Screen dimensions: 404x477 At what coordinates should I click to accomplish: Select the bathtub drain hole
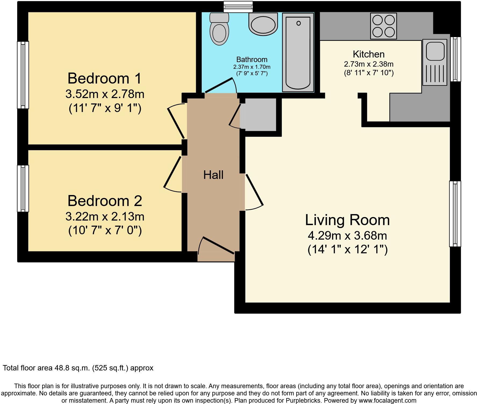(298, 24)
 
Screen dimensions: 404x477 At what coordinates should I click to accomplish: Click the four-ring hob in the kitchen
(383, 26)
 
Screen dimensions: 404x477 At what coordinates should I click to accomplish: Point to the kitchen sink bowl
(435, 51)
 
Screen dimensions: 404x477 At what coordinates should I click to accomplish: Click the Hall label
(213, 175)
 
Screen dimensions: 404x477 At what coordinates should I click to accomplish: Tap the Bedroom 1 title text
(104, 78)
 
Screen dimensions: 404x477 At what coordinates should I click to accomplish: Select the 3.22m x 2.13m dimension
(105, 217)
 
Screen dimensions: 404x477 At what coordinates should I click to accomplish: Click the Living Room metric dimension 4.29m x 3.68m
(347, 236)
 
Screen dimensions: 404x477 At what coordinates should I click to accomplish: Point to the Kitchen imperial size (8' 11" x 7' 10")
(368, 73)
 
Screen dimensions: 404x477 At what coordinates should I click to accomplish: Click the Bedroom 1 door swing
(176, 121)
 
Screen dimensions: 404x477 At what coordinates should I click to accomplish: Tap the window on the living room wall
(455, 214)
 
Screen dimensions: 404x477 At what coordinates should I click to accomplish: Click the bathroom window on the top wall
(238, 7)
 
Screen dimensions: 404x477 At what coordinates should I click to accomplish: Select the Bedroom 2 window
(23, 188)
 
